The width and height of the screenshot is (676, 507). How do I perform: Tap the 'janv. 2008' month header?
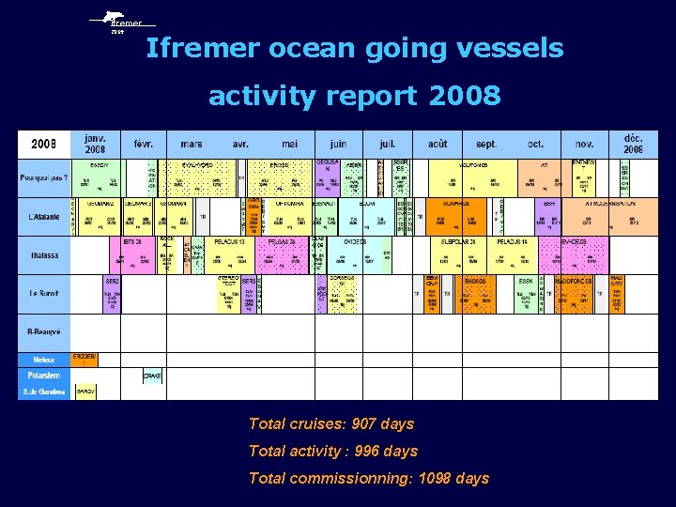click(95, 144)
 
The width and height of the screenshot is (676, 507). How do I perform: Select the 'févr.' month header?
click(143, 145)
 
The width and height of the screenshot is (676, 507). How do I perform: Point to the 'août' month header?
click(437, 145)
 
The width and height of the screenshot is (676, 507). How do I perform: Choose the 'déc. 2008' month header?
click(634, 144)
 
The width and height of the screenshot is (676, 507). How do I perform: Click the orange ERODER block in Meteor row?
click(84, 359)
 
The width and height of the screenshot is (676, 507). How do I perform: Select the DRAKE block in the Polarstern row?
click(152, 376)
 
